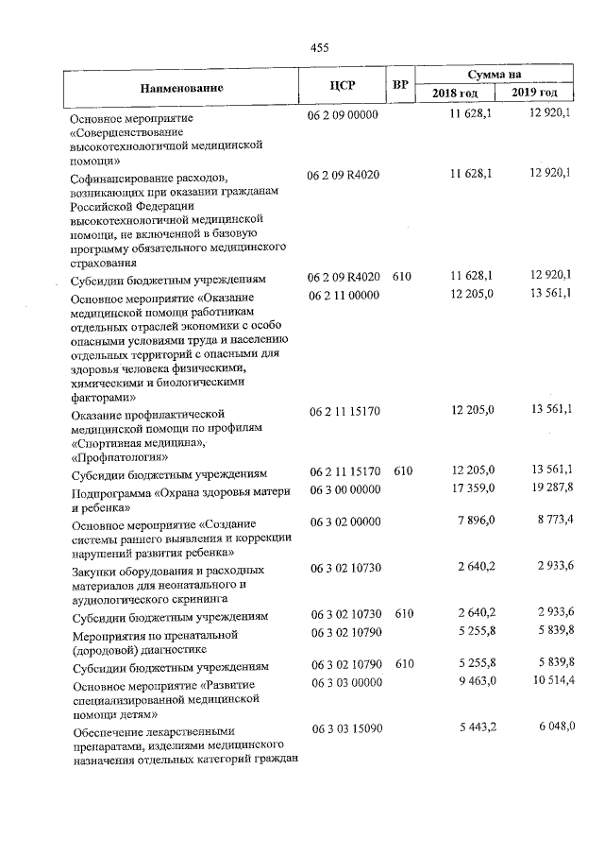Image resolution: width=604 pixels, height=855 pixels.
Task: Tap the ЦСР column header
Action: coord(343,86)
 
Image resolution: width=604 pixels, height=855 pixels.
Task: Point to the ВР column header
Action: coord(400,86)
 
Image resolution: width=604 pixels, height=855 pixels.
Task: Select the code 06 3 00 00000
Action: coord(344,489)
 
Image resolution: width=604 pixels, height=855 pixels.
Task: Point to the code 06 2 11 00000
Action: coord(343,296)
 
